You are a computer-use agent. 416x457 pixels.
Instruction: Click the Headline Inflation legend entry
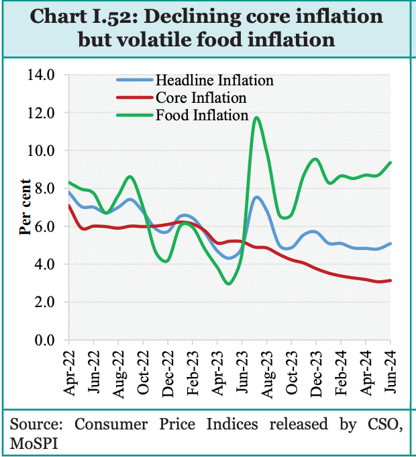(214, 80)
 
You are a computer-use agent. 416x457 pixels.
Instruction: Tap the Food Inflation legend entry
(201, 116)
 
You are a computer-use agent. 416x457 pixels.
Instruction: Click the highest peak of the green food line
(256, 118)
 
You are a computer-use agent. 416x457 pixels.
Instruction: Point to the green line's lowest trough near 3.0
(229, 284)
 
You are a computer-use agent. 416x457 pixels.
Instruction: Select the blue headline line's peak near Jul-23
(256, 197)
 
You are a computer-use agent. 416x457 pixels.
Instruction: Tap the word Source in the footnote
(34, 425)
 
